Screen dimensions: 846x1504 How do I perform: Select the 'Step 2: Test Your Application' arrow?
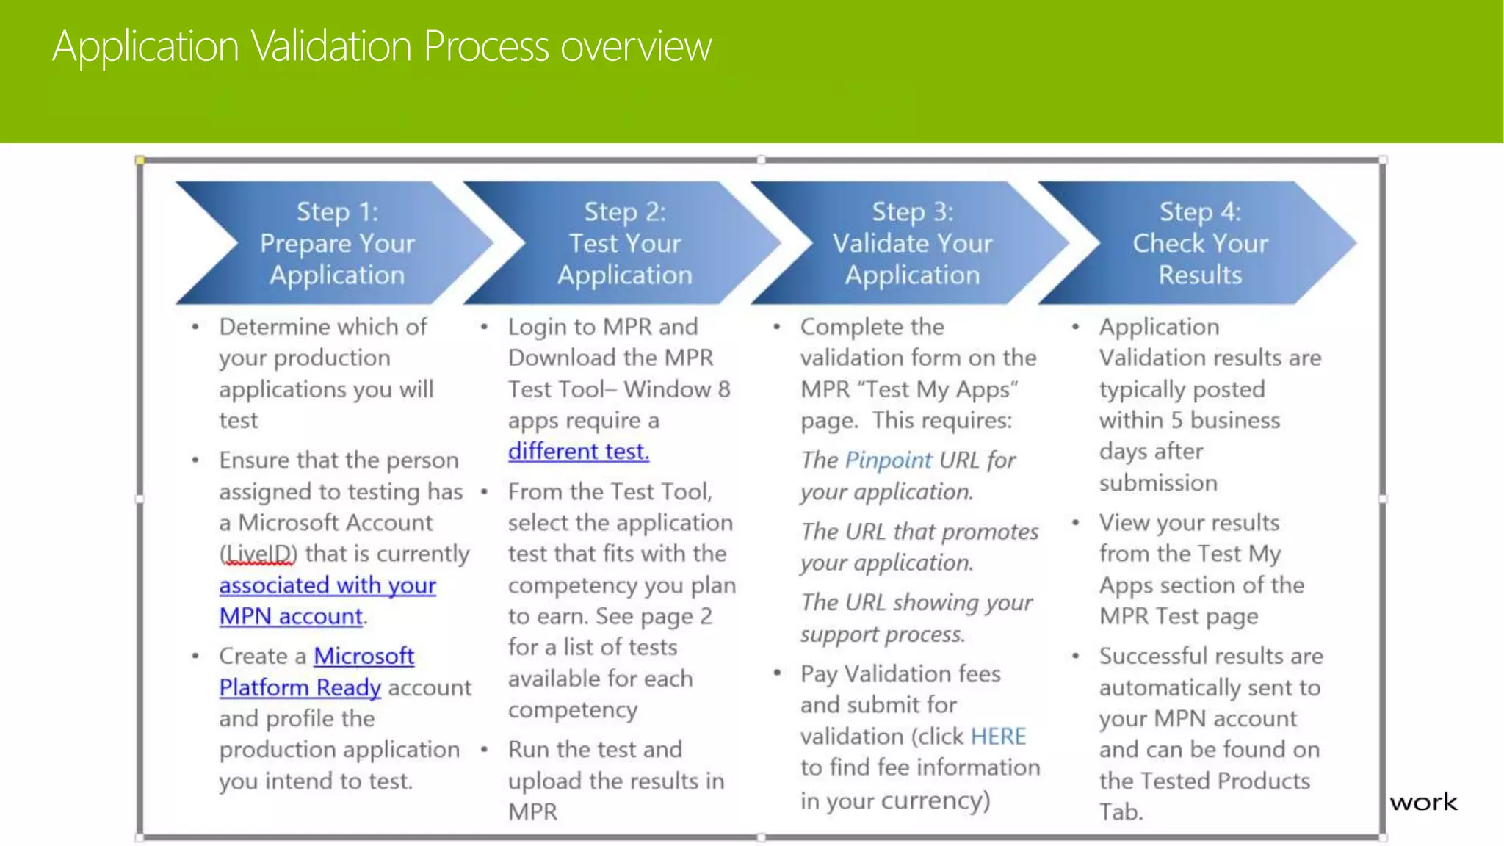point(624,243)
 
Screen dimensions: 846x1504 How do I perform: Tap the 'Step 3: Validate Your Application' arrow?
point(912,243)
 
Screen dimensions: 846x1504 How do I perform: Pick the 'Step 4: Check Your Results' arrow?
point(1200,243)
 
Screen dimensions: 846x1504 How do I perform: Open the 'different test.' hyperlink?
point(579,451)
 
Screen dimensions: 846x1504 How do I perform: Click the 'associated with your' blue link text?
point(328,585)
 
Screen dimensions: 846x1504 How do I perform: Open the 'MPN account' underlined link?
point(291,616)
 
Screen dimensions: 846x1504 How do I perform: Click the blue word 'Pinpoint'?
point(889,460)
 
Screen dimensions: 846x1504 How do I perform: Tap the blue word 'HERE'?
point(998,736)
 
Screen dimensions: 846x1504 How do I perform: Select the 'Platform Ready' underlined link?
point(300,687)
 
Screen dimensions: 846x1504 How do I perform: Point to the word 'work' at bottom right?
point(1422,803)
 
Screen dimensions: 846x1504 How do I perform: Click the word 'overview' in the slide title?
point(636,46)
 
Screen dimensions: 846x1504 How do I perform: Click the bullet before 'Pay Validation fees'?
point(776,673)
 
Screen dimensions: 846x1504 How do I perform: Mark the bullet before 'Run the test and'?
point(485,749)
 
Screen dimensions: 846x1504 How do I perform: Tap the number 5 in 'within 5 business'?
point(1176,420)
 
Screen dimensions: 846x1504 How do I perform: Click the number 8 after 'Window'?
point(724,389)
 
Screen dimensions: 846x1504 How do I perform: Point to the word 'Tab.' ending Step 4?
point(1121,812)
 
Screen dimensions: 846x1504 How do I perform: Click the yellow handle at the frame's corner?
point(140,160)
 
